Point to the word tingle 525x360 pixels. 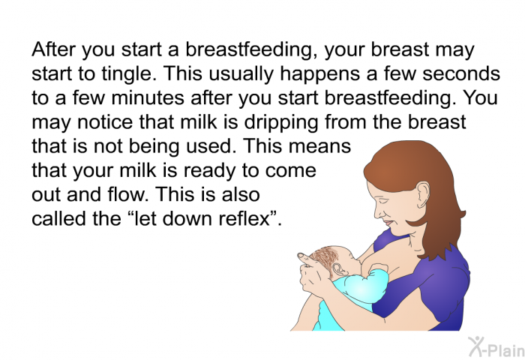click(x=127, y=74)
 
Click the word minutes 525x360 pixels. click(x=148, y=98)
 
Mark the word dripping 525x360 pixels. click(x=281, y=122)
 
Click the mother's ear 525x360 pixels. click(x=422, y=194)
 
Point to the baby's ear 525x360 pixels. click(x=337, y=269)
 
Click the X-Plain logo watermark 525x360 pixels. click(x=496, y=346)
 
